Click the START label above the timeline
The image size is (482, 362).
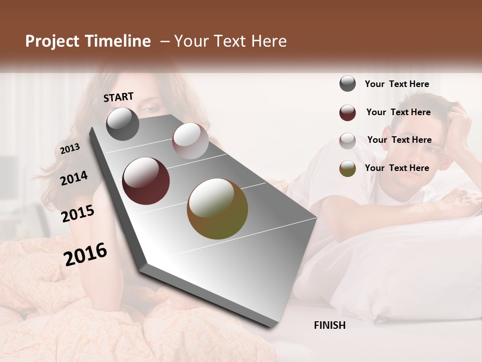118,97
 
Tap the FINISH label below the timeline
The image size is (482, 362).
330,325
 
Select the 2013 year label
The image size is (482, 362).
70,149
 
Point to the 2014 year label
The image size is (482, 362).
74,178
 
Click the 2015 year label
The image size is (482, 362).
78,214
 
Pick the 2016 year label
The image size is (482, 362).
85,254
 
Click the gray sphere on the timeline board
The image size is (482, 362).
123,124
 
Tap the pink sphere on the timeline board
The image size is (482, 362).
190,141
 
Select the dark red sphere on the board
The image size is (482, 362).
146,181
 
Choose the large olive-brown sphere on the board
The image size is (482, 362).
217,209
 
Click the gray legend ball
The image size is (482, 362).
347,84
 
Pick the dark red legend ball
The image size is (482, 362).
347,113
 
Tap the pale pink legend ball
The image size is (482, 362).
347,141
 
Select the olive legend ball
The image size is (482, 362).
347,168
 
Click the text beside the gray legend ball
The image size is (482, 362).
397,84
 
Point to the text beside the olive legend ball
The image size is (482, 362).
397,168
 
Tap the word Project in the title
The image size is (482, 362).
52,41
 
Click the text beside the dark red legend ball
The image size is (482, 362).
399,112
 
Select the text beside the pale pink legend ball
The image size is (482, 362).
400,140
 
